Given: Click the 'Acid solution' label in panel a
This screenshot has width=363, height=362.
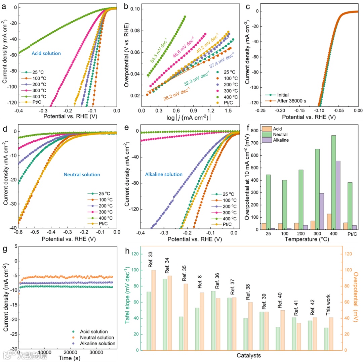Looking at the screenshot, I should pos(46,53).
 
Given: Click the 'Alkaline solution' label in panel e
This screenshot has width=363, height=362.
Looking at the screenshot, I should pos(164,174).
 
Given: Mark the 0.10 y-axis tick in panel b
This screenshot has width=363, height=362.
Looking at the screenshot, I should pos(135,9).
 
